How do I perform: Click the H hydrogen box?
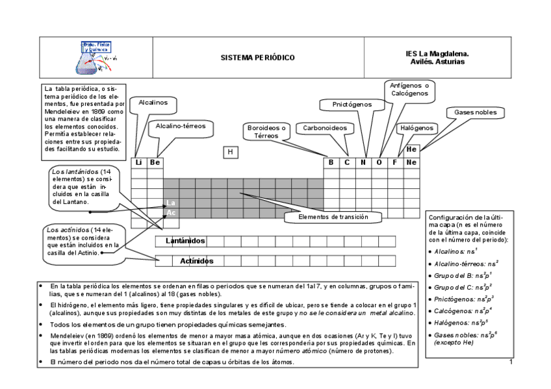[x=230, y=152]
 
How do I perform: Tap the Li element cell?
[x=138, y=162]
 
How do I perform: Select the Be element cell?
[x=154, y=162]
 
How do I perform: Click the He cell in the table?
[x=411, y=149]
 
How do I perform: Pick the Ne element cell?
[x=411, y=162]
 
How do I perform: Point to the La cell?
[x=170, y=203]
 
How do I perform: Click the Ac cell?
[x=170, y=212]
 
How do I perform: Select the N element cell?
[x=363, y=162]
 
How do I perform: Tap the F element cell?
[x=395, y=162]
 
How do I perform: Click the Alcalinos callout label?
[x=153, y=103]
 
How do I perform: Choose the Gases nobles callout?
[x=475, y=112]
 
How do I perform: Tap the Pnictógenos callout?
[x=352, y=104]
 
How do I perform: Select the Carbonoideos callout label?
[x=325, y=128]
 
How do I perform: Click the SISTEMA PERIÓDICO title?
[x=257, y=58]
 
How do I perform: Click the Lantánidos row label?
[x=185, y=242]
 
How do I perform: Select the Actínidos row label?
[x=196, y=261]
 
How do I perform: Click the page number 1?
[x=511, y=361]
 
